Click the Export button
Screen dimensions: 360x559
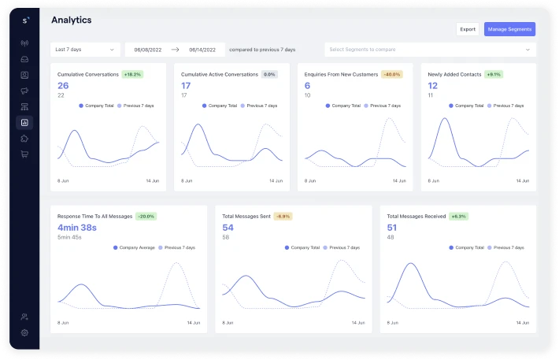click(x=468, y=29)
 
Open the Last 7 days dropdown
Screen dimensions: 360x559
click(x=86, y=50)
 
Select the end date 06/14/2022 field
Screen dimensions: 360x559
click(x=203, y=50)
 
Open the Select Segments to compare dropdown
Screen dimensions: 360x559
click(x=430, y=50)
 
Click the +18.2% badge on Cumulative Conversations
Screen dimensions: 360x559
click(x=131, y=74)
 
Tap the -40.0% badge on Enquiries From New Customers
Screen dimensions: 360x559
click(x=391, y=74)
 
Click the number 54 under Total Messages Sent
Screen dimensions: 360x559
click(x=228, y=227)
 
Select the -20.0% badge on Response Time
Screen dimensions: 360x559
click(x=146, y=216)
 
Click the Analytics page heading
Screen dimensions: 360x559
click(x=71, y=19)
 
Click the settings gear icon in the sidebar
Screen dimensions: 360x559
click(x=24, y=333)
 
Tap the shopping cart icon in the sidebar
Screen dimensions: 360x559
click(x=24, y=154)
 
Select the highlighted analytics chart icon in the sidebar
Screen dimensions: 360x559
click(x=24, y=122)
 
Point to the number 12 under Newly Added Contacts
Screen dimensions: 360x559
click(x=433, y=85)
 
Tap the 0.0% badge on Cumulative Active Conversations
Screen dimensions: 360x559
click(x=269, y=74)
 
